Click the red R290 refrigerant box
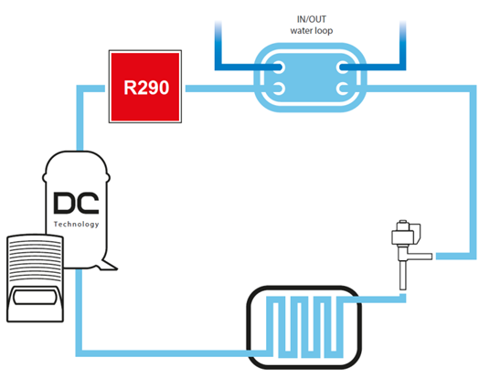point(145,87)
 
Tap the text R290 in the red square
point(146,88)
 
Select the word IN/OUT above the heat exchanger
point(312,19)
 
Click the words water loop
point(312,31)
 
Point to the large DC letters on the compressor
point(76,203)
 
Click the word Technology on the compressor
point(76,225)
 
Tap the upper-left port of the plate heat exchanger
point(279,68)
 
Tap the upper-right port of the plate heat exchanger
point(343,68)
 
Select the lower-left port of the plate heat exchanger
point(279,89)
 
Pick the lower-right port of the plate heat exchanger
point(343,89)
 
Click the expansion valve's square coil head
point(406,232)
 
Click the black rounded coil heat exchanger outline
point(249,328)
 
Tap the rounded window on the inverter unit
point(34,297)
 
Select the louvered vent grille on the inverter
point(35,259)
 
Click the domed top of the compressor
point(76,163)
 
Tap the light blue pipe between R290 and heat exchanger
point(220,89)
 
